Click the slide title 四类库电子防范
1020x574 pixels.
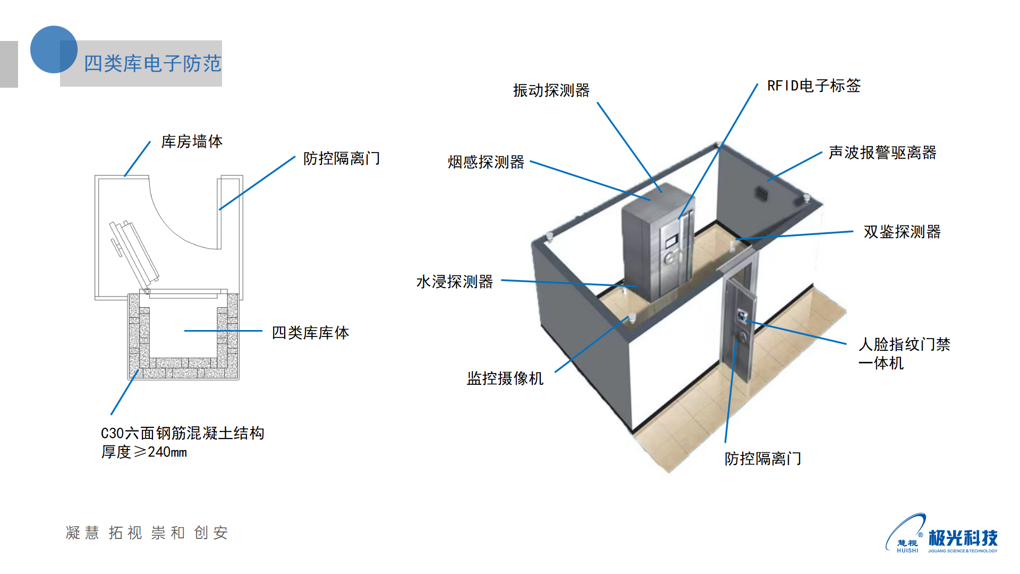(152, 64)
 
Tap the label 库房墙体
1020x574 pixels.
(192, 141)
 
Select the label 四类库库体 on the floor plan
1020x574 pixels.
(310, 333)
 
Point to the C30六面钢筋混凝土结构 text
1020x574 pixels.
(182, 433)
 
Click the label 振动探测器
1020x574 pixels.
(551, 90)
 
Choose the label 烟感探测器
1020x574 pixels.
(486, 162)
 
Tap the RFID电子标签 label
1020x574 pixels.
(813, 86)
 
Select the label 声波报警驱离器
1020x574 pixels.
(882, 153)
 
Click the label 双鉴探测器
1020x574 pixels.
(902, 232)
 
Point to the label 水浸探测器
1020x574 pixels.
(454, 282)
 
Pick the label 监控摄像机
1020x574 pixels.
(505, 378)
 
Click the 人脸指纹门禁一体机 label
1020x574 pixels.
(904, 353)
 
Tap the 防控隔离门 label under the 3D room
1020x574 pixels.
(762, 459)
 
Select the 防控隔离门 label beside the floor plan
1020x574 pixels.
(342, 158)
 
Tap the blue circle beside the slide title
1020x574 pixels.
(53, 49)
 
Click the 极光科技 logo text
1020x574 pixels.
(963, 538)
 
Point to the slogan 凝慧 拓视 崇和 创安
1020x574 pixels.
(147, 533)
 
